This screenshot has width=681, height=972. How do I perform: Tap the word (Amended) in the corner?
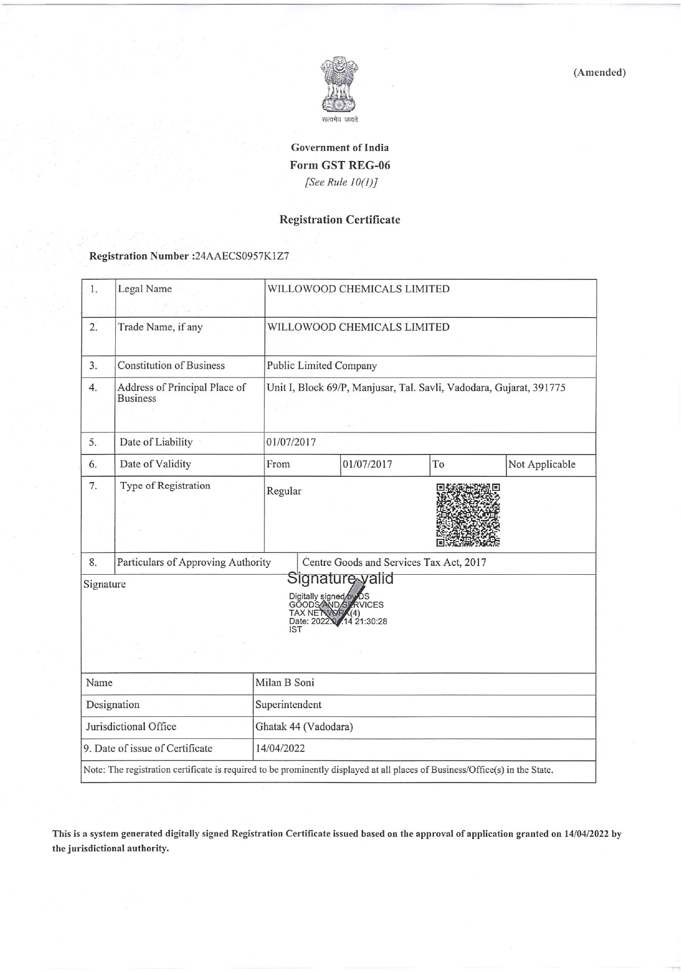(599, 73)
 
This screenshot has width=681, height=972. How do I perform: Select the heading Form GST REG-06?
(340, 165)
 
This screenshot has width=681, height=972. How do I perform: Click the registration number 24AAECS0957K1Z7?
(242, 256)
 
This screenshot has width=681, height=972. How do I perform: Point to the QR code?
(468, 515)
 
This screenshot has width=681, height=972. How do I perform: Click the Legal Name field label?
(145, 289)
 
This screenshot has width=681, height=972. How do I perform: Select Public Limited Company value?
(322, 366)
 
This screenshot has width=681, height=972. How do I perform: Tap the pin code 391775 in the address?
(548, 388)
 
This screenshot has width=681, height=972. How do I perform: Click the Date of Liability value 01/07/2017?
(291, 442)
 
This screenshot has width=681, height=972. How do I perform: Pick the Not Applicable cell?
(542, 465)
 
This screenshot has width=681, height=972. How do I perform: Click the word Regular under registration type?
(284, 492)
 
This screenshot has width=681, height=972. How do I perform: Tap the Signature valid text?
(340, 579)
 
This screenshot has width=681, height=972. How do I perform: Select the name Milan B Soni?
(285, 683)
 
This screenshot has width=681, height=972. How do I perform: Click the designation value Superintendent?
(288, 705)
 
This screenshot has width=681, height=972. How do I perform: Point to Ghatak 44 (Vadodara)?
(304, 727)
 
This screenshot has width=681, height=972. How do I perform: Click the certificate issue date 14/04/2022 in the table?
(280, 749)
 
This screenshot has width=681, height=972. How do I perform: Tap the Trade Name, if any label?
(160, 327)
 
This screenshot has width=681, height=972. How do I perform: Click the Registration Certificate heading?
(340, 220)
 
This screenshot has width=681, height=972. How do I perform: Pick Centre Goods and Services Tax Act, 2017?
(394, 563)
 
